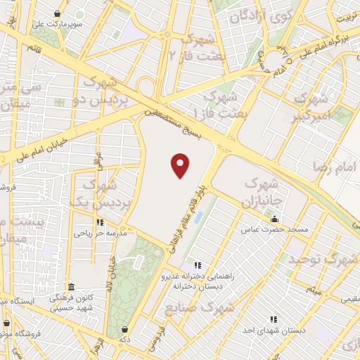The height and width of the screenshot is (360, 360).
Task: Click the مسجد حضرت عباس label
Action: click(271, 229)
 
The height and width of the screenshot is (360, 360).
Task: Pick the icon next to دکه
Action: click(125, 328)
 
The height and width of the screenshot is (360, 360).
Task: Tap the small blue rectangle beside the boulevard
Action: click(198, 218)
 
